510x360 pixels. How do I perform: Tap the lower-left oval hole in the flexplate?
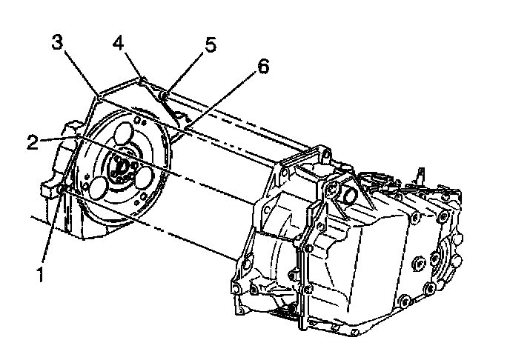[98, 186]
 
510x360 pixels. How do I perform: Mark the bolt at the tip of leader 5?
[164, 95]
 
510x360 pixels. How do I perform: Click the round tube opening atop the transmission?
[348, 194]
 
